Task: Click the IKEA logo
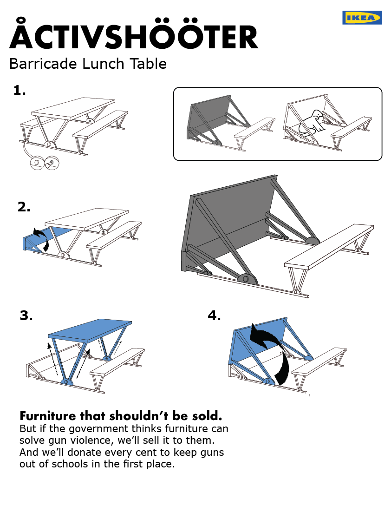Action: [x=362, y=18]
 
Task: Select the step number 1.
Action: [x=19, y=90]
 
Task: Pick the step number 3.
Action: [x=26, y=316]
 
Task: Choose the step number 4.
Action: [x=214, y=316]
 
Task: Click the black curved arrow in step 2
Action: [x=42, y=238]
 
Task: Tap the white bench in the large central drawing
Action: [x=330, y=245]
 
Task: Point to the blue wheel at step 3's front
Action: [x=66, y=382]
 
